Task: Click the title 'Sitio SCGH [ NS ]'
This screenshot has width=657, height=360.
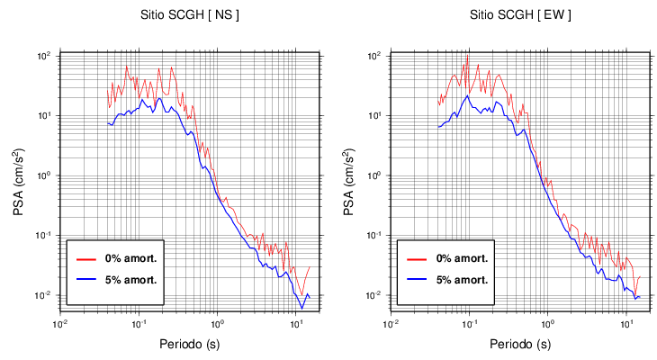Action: tap(190, 15)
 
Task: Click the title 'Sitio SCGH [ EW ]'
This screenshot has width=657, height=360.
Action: tap(520, 15)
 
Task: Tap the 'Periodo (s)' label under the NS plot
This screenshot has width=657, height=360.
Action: tap(190, 344)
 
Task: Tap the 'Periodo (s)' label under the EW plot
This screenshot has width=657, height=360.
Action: tap(520, 344)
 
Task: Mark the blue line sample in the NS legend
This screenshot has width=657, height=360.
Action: tap(85, 279)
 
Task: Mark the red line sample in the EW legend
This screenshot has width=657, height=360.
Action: tap(416, 258)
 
